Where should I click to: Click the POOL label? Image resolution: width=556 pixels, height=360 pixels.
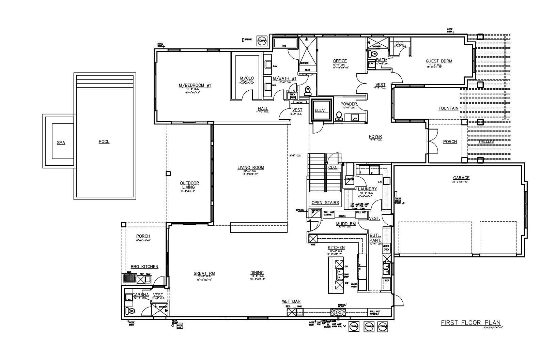104,141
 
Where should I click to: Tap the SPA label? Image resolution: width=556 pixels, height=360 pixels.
61,142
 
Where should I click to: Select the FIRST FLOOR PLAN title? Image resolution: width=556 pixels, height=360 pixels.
471,322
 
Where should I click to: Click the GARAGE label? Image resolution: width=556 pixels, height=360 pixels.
461,178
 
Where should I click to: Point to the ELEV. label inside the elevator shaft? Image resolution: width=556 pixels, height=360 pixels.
320,110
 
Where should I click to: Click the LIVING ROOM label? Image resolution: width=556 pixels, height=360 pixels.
251,167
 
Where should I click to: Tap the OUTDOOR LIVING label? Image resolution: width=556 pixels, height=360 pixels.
189,185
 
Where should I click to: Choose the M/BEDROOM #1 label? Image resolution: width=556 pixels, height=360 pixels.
195,85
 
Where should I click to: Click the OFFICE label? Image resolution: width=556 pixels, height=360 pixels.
340,61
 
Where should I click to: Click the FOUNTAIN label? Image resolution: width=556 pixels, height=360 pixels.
448,108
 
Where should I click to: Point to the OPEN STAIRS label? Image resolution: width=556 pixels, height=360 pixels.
325,202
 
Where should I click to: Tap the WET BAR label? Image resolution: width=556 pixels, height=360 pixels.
291,301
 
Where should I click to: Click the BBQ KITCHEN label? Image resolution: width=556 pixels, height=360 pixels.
144,267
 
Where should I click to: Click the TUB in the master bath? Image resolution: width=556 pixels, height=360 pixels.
284,44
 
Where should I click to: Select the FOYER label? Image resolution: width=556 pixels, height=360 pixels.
375,137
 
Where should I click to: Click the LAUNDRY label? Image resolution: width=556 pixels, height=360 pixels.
367,189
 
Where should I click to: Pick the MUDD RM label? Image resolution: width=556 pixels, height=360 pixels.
346,224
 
